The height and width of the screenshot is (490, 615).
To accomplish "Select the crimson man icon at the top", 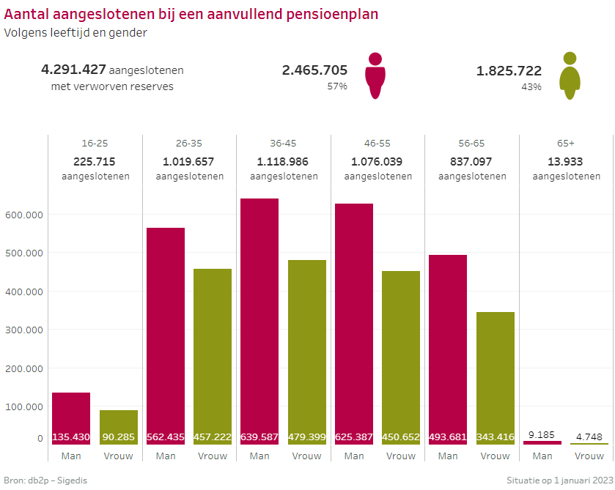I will [375, 75].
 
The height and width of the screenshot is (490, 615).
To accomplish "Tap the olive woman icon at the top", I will [570, 75].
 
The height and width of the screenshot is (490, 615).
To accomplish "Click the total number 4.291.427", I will [73, 70].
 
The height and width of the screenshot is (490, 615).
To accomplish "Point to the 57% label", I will [337, 86].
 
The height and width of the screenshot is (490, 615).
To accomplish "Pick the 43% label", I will [531, 86].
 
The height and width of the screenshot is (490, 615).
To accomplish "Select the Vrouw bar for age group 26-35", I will [213, 356].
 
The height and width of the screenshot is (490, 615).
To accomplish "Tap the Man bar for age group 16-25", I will [71, 418].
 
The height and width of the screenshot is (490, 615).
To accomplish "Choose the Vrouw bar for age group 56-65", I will [496, 378].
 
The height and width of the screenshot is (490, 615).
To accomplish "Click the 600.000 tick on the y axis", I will [25, 215].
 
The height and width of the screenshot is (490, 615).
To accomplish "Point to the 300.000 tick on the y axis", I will [25, 330].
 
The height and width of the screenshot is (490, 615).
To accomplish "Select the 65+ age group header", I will [566, 144].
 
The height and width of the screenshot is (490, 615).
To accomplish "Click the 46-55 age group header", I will [378, 144].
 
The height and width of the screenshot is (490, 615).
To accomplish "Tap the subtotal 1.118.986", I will [284, 161].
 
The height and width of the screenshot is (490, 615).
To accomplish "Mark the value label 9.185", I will [542, 434].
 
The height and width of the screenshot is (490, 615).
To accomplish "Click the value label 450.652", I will [401, 437].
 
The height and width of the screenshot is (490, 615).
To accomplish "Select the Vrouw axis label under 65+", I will [589, 456].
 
